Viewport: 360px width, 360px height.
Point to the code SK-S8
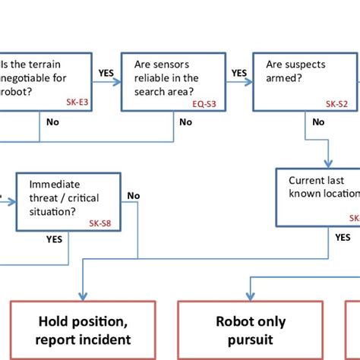click(x=100, y=224)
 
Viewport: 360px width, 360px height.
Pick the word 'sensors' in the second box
click(x=180, y=65)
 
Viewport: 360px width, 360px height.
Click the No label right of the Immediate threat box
click(x=134, y=197)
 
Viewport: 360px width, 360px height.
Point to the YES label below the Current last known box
click(x=343, y=237)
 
